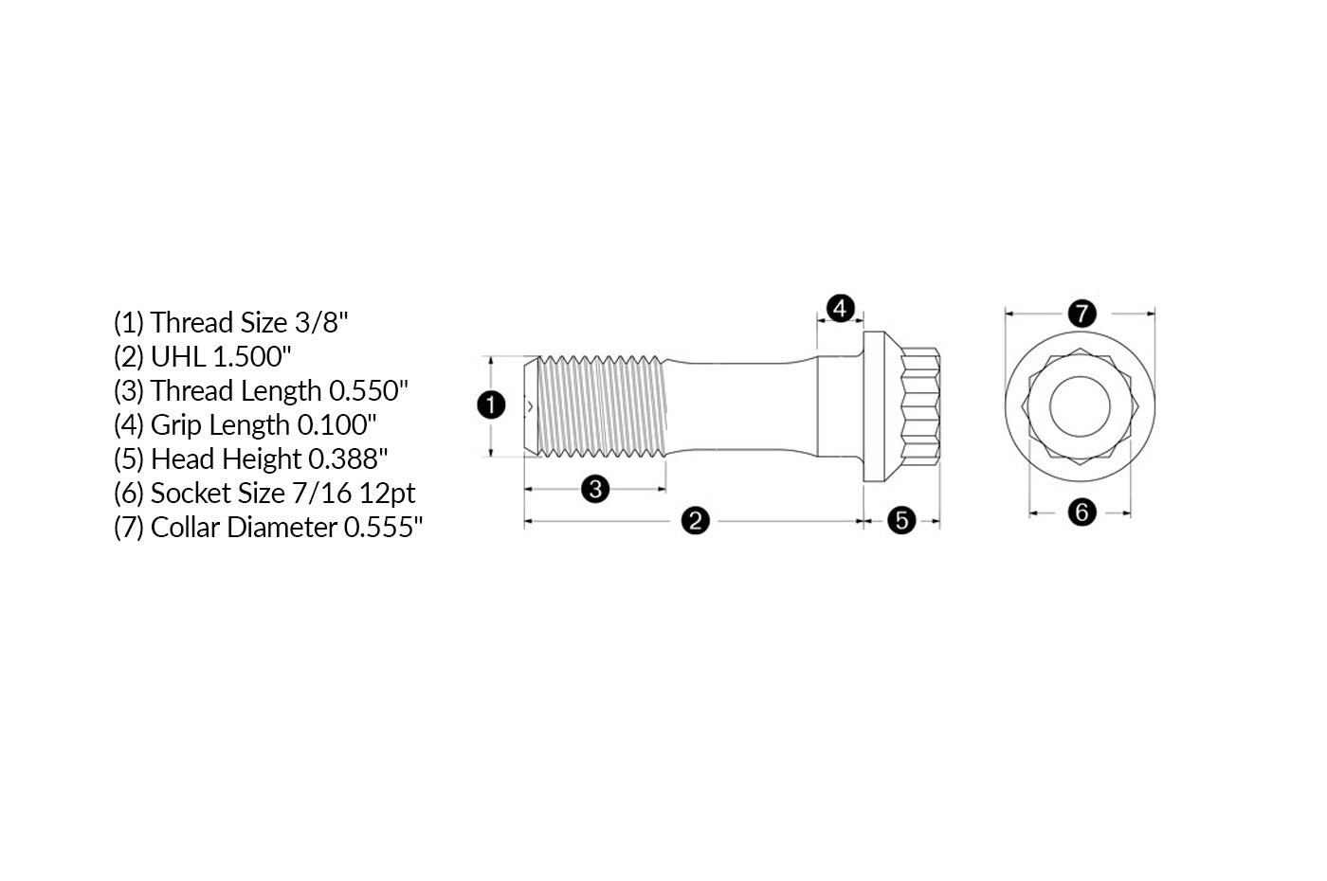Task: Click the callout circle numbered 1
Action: point(491,405)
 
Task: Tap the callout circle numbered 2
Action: point(695,520)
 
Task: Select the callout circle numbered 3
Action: point(595,489)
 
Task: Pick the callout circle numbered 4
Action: point(840,308)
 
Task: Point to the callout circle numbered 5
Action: point(901,520)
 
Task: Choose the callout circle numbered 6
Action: point(1082,512)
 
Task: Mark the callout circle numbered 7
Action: point(1082,313)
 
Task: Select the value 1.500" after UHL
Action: point(252,357)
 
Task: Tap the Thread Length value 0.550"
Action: point(369,391)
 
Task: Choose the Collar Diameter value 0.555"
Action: point(383,528)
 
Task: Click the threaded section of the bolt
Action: point(602,405)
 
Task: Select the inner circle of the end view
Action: point(1080,405)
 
